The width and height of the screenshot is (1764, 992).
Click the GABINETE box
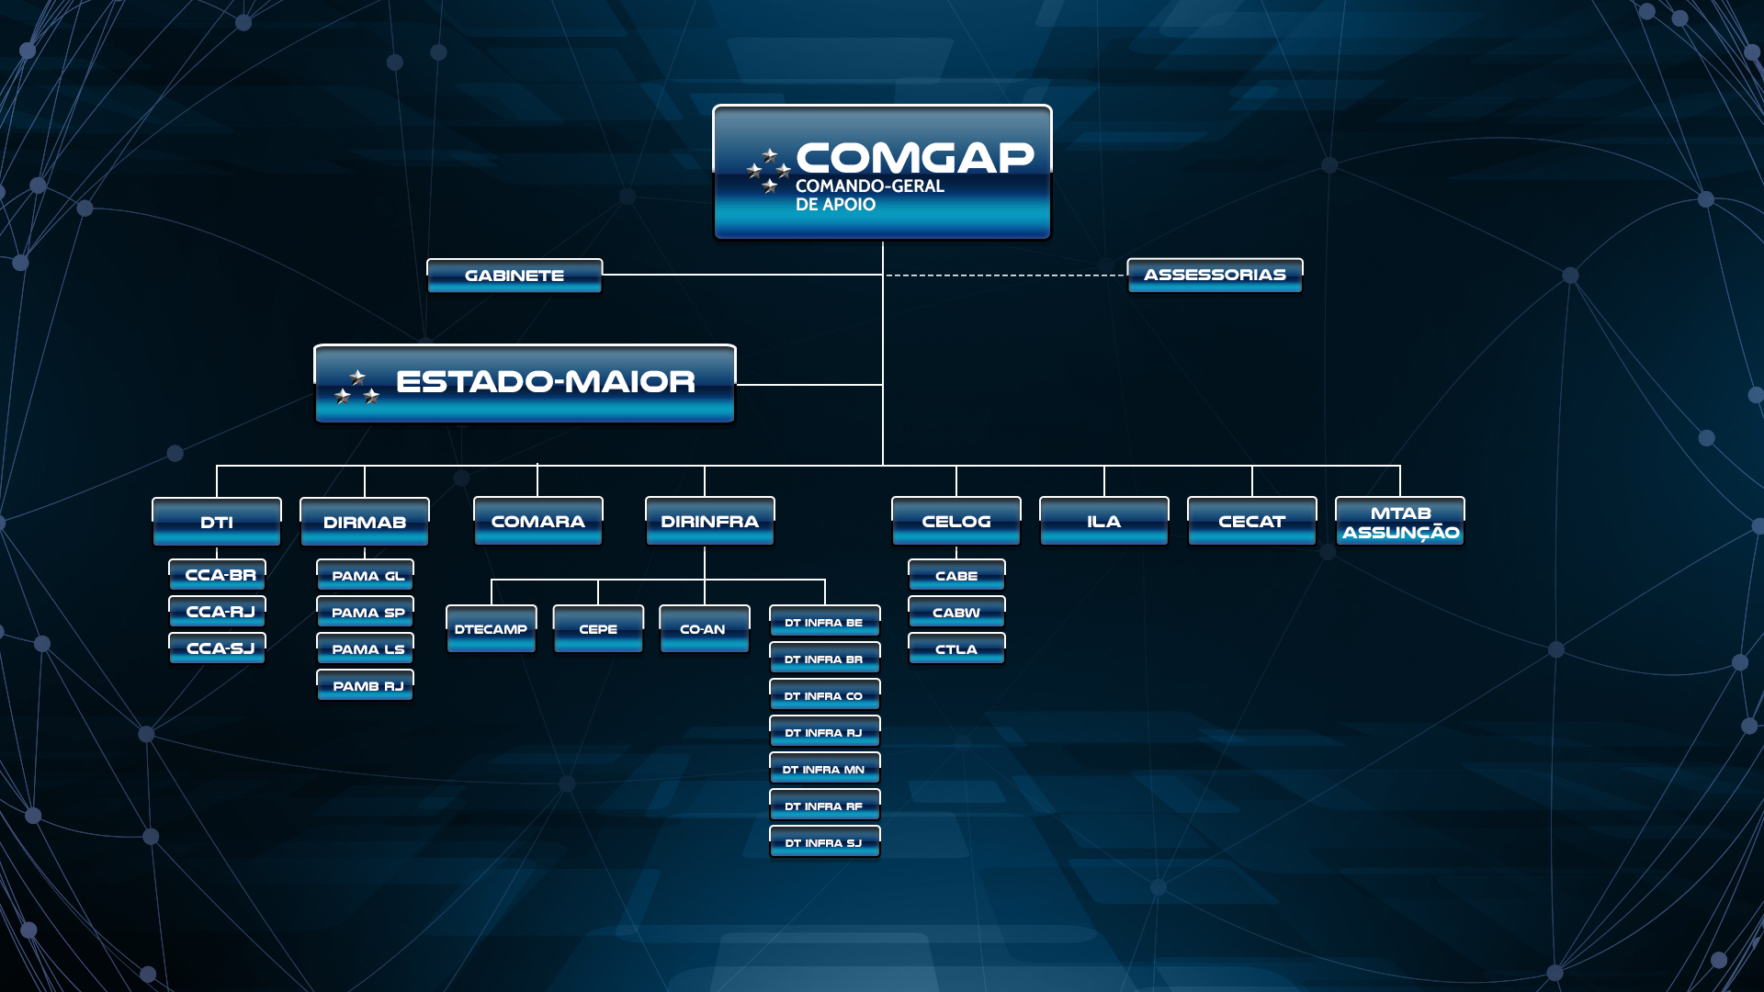(x=514, y=276)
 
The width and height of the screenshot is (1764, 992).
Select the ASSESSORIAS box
(x=1215, y=275)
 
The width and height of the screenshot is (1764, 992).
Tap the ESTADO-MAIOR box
(x=525, y=384)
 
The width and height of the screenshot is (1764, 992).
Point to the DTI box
(x=217, y=522)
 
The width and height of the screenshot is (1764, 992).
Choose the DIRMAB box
(x=365, y=522)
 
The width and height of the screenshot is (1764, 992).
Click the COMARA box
(x=538, y=521)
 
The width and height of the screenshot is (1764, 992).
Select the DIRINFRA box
(x=710, y=521)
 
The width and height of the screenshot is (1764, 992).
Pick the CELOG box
(x=956, y=521)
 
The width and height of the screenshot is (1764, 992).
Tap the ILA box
(x=1104, y=521)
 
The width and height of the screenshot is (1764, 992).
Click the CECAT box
(x=1252, y=521)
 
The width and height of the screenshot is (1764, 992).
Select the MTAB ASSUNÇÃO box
(x=1400, y=521)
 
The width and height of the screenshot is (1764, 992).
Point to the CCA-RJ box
(x=218, y=612)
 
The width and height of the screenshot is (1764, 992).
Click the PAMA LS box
(x=366, y=648)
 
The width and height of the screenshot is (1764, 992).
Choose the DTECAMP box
(x=492, y=629)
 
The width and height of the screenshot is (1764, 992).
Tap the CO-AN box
(x=705, y=629)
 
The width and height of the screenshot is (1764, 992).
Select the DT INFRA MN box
(x=825, y=769)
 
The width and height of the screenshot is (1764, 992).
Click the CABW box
(x=956, y=612)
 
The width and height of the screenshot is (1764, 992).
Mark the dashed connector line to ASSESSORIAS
(x=1005, y=275)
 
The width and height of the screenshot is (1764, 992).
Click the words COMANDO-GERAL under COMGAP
(x=869, y=186)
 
